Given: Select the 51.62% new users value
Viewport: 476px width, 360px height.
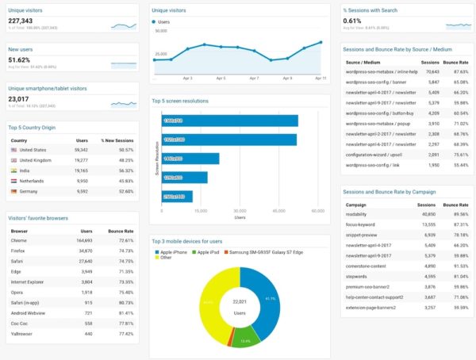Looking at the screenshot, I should tap(19, 60).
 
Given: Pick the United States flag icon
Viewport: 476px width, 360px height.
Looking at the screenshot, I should tap(14, 150).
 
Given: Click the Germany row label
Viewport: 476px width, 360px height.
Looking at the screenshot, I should tap(29, 191).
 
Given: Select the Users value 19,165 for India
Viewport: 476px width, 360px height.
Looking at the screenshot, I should tap(78, 170).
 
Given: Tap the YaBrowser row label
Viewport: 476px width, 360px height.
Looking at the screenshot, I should tap(21, 334).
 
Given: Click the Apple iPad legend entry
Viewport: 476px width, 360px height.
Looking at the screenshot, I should tap(208, 251).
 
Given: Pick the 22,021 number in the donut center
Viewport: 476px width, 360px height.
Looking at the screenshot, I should tap(240, 303).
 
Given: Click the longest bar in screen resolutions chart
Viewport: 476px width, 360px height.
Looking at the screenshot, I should tap(229, 121).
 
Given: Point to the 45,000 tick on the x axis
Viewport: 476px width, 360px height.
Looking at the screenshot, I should tap(279, 211).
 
